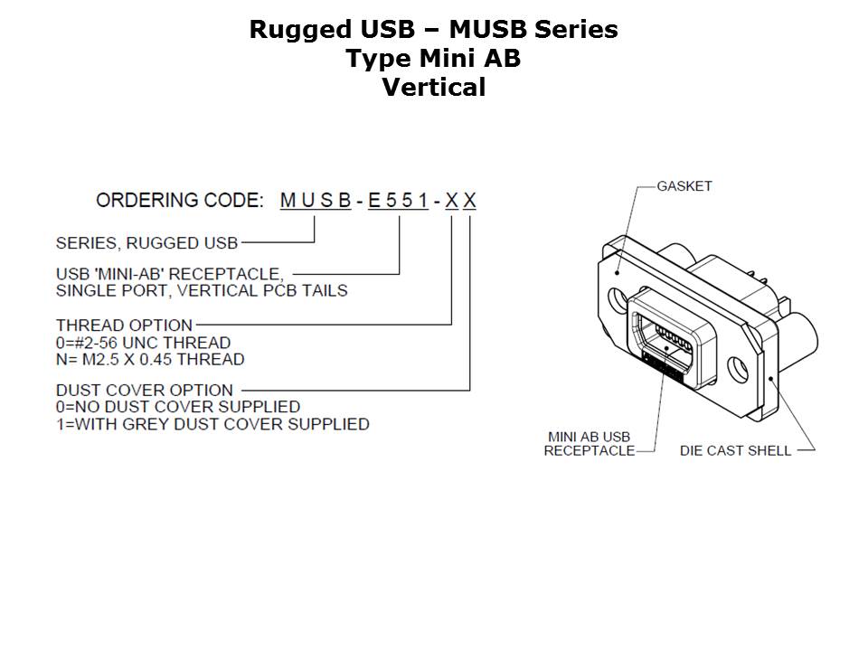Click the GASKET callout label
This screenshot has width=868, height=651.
(684, 186)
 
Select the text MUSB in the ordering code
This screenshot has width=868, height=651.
(316, 201)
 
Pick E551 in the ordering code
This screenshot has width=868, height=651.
(398, 201)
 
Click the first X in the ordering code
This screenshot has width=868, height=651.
(451, 201)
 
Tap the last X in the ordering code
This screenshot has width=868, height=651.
(470, 201)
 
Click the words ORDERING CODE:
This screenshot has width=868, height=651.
(180, 201)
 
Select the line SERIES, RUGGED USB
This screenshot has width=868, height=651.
(146, 242)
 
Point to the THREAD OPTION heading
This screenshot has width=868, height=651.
(124, 325)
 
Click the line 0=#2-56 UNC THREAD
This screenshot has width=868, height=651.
(143, 343)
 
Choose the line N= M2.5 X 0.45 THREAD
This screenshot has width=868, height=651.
(150, 360)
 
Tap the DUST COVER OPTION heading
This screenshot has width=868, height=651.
(144, 391)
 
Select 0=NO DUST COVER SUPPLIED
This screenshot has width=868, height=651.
(177, 407)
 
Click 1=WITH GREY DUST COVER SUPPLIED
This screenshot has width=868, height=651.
(212, 424)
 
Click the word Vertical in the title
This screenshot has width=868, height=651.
(434, 88)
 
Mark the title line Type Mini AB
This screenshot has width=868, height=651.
(434, 59)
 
